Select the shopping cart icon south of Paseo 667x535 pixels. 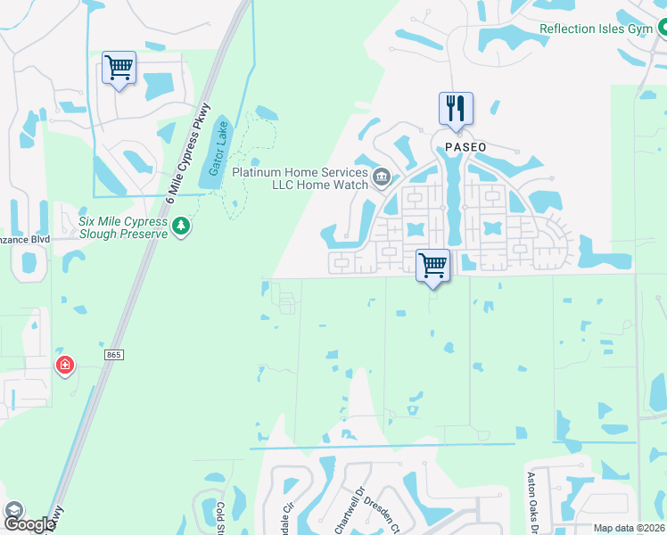[x=432, y=265]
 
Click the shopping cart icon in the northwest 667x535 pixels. [x=119, y=68]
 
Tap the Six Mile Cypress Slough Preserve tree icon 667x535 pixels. [x=181, y=226]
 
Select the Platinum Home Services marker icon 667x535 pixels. [x=382, y=176]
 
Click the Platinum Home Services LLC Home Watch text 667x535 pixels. [x=300, y=177]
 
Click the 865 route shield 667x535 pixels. [x=112, y=355]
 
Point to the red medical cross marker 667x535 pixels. [x=64, y=365]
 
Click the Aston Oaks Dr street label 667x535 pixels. [x=534, y=502]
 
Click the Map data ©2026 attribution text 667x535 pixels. [x=629, y=528]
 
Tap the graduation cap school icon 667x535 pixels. [x=14, y=510]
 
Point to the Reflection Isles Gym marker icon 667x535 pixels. [x=660, y=29]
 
